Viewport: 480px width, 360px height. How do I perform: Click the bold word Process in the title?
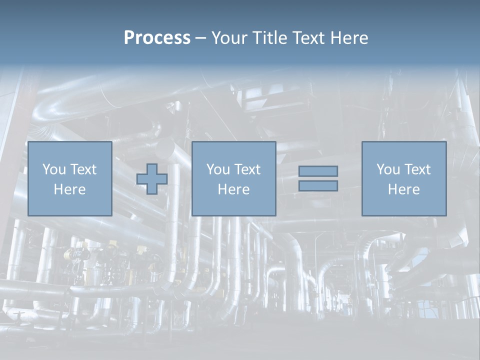pyautogui.click(x=157, y=38)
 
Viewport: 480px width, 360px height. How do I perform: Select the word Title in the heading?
pyautogui.click(x=270, y=38)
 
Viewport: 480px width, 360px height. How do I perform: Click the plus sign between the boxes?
pyautogui.click(x=152, y=178)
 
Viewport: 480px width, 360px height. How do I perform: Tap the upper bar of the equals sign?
pyautogui.click(x=318, y=171)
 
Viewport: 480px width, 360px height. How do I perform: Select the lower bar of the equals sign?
pyautogui.click(x=318, y=186)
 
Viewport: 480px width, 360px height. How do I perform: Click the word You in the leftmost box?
pyautogui.click(x=54, y=169)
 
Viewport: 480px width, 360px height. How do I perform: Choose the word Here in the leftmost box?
pyautogui.click(x=69, y=189)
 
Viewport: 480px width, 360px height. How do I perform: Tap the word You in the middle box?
pyautogui.click(x=218, y=169)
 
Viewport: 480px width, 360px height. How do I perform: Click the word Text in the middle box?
pyautogui.click(x=246, y=169)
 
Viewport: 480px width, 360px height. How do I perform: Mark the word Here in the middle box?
pyautogui.click(x=233, y=189)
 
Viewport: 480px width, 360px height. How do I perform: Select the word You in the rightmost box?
pyautogui.click(x=388, y=169)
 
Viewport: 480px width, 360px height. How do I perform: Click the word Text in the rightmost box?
pyautogui.click(x=416, y=169)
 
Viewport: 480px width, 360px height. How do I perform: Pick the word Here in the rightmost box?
pyautogui.click(x=403, y=189)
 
